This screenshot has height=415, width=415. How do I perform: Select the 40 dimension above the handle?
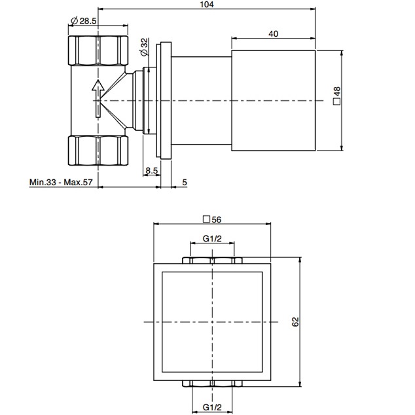tap(273, 33)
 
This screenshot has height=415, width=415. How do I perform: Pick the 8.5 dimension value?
tap(151, 171)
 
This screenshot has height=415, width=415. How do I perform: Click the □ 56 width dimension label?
tap(212, 219)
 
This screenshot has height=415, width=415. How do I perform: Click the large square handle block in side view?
tap(274, 99)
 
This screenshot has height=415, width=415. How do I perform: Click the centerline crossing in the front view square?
tap(212, 322)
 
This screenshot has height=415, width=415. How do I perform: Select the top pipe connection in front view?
tap(212, 261)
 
